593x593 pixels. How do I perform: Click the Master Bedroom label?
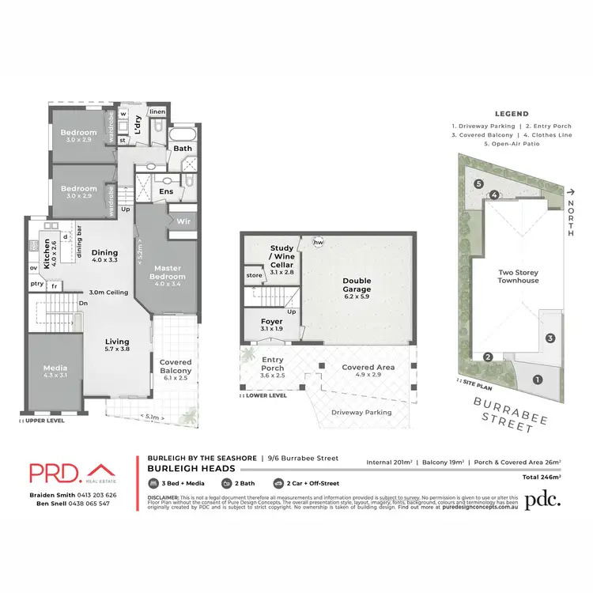(x=168, y=272)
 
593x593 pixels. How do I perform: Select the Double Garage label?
(x=357, y=285)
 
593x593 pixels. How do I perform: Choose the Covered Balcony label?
(x=176, y=365)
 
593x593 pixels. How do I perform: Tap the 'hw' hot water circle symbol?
(x=319, y=242)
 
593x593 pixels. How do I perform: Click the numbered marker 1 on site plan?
(x=538, y=380)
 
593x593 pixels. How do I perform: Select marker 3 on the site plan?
(x=550, y=338)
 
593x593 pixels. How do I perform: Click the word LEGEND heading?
(x=512, y=114)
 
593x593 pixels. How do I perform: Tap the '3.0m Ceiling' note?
(x=108, y=293)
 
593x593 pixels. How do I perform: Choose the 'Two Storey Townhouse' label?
(x=518, y=276)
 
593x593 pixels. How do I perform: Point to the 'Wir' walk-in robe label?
(x=183, y=221)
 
